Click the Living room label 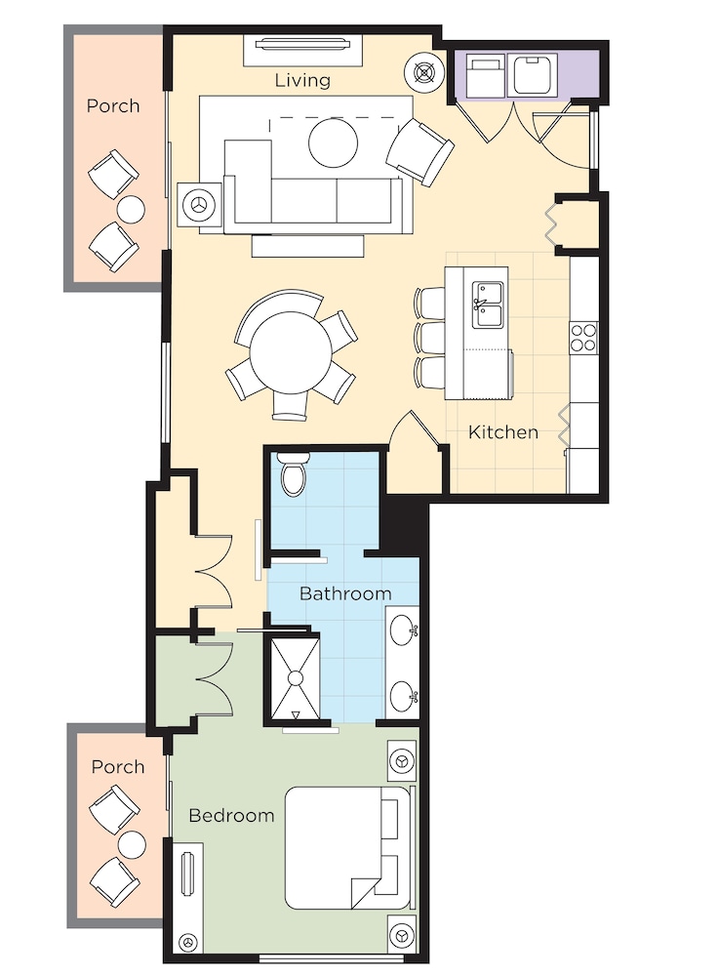tap(302, 80)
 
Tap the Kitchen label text tap(502, 431)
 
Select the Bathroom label tap(345, 592)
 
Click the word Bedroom tap(231, 815)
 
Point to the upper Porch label tap(113, 105)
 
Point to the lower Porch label tap(118, 767)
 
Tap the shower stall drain tap(295, 677)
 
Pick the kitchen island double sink tap(487, 305)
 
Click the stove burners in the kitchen tap(582, 337)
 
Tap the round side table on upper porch tap(130, 209)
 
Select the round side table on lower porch tap(131, 844)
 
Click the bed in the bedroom tap(346, 847)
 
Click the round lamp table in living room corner tap(423, 71)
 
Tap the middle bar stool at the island tap(429, 337)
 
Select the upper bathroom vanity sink tap(403, 630)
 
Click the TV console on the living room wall tap(302, 45)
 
